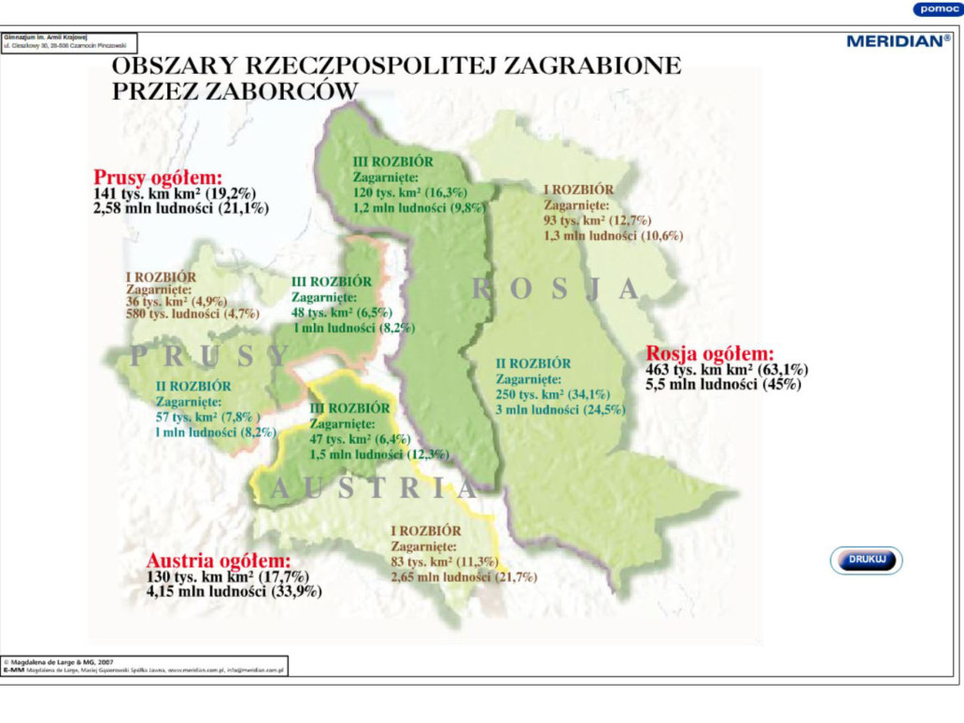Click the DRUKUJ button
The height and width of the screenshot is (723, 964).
(866, 560)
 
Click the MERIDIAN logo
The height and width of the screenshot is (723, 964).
(898, 40)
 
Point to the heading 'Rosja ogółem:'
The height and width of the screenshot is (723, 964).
(710, 354)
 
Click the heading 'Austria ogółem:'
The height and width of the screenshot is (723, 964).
(219, 560)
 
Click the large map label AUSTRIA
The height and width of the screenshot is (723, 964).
(375, 488)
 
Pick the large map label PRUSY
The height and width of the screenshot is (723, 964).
(210, 355)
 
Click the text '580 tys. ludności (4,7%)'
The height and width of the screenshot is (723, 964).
(192, 315)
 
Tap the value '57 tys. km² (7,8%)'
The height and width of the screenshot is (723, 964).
(208, 417)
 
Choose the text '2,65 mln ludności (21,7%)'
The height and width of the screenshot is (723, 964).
(464, 577)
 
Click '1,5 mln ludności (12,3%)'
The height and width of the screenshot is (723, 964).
(379, 454)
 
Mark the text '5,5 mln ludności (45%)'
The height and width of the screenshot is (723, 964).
(722, 384)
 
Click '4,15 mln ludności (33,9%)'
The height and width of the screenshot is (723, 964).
(234, 591)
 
